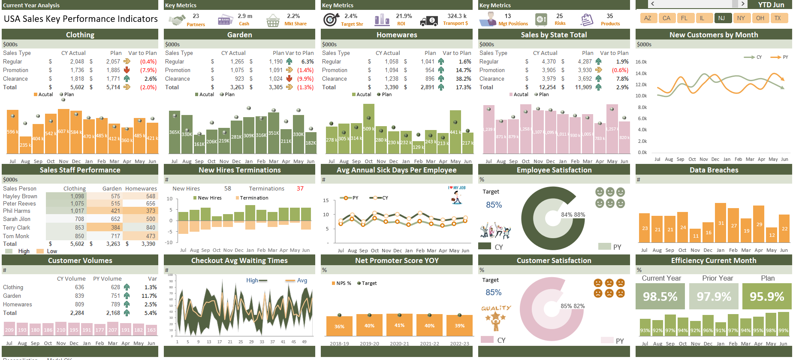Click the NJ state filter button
(721, 18)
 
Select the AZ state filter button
(648, 18)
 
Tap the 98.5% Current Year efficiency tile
(660, 296)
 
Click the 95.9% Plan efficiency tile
(767, 296)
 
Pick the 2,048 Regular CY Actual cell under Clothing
(77, 61)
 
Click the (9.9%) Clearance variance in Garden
(305, 79)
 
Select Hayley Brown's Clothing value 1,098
(77, 196)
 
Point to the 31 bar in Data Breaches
(721, 224)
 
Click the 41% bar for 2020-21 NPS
(399, 325)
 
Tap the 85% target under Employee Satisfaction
(494, 205)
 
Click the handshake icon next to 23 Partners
(176, 20)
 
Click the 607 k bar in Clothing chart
(63, 131)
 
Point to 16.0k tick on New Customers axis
(641, 62)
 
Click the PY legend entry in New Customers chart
(779, 57)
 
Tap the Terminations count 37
(300, 188)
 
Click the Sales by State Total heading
(554, 35)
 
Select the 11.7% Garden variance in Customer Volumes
(149, 296)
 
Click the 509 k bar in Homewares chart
(368, 129)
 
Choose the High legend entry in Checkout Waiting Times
(256, 280)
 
